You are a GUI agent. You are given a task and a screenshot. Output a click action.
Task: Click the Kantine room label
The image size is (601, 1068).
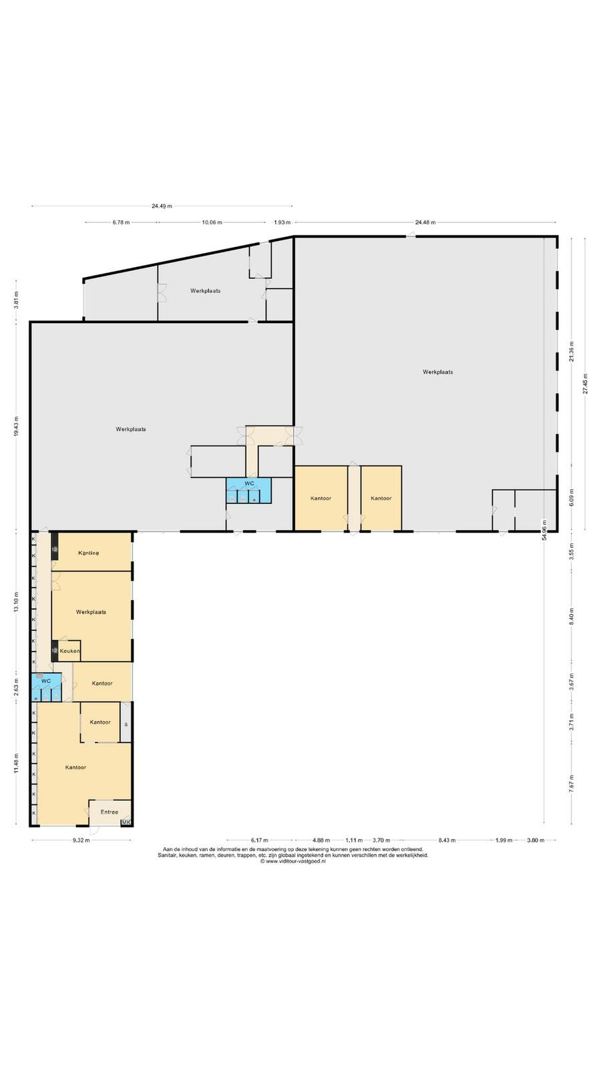point(89,553)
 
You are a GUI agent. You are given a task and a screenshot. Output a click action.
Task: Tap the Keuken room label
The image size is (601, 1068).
point(69,651)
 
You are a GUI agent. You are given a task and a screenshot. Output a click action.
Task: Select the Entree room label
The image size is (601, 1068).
point(110,812)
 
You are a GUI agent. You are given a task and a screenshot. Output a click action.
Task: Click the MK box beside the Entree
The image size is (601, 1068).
point(126,822)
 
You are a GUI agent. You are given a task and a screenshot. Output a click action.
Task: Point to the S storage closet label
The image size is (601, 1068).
point(126,725)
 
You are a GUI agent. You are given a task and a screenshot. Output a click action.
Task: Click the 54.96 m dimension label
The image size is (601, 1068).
point(544,530)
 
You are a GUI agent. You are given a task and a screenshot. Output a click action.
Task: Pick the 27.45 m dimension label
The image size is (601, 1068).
point(585,383)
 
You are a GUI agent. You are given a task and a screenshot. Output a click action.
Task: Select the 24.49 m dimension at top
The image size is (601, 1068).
point(162,206)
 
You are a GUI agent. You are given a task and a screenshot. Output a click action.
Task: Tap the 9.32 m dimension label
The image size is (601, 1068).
point(81,840)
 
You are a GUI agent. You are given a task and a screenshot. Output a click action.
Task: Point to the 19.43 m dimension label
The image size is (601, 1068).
point(16,427)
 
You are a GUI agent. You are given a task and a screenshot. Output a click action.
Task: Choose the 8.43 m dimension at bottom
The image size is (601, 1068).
point(447,840)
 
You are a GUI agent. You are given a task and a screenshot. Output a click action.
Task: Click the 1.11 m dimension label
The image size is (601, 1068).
point(354,840)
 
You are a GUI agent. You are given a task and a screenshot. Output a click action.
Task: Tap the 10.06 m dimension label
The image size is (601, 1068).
point(212,222)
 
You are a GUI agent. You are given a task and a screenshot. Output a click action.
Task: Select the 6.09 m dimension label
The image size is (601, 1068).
point(572,497)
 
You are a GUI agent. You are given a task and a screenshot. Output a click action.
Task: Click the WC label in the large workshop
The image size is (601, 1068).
point(250,483)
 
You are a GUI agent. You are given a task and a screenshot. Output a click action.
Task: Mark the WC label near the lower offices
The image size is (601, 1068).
point(46,681)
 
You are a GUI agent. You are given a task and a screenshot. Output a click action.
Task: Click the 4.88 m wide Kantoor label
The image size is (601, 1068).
point(321,498)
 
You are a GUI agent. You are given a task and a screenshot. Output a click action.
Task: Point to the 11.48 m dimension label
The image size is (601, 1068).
point(16,763)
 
